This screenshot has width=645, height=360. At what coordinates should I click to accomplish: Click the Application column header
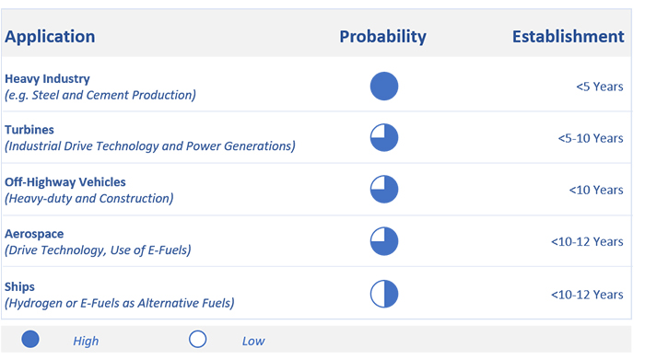50,37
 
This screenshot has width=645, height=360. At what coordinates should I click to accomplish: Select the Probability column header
382,37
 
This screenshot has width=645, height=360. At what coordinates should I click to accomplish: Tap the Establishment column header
569,37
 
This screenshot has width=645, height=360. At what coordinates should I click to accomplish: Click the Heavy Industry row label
47,78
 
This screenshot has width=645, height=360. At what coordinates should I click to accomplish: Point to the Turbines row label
29,130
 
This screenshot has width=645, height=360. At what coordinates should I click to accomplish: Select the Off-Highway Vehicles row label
65,182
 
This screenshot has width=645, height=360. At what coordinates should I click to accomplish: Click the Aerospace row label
34,234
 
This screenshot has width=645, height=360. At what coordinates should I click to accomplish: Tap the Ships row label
19,286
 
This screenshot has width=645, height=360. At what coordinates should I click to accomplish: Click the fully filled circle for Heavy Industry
384,87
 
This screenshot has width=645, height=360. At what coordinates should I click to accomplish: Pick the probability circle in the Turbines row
384,138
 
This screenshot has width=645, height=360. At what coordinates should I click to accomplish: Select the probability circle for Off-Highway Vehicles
384,190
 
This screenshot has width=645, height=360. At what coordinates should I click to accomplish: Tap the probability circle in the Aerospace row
384,241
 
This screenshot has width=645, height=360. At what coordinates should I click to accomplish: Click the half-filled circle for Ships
384,294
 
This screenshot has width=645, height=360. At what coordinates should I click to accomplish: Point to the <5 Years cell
599,87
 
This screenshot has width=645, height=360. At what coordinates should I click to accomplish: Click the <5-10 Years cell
591,138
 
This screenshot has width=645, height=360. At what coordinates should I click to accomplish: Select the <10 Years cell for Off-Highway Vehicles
596,190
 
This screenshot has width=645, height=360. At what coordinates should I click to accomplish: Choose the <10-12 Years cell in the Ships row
587,295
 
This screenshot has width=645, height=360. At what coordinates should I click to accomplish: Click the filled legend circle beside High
30,340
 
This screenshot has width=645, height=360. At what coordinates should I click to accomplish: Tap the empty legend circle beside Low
198,340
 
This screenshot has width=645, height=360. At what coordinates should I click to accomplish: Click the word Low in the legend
253,341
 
